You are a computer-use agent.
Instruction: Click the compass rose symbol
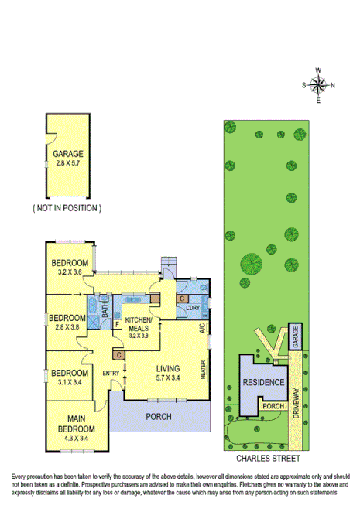pos(318,84)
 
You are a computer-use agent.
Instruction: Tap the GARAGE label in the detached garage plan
pos(68,153)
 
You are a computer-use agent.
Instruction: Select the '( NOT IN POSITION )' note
pos(67,209)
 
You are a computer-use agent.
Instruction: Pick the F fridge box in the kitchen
pos(118,324)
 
